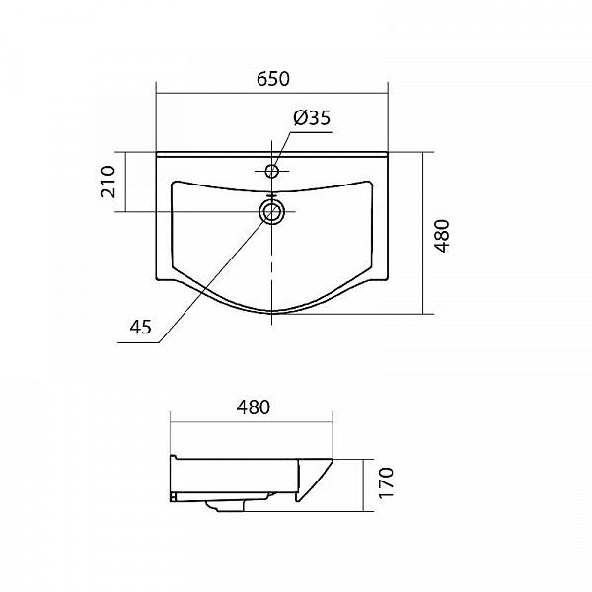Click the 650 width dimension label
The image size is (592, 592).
[273, 79]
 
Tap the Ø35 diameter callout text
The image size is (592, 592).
[312, 117]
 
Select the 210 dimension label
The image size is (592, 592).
[108, 182]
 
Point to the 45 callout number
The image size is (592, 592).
[140, 327]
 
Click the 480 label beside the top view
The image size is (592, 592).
[442, 236]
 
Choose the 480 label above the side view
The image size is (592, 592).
[254, 407]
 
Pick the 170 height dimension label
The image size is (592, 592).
[386, 482]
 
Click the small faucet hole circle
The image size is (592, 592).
[272, 171]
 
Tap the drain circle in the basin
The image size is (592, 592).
[272, 211]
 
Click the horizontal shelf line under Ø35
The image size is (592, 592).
[311, 132]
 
